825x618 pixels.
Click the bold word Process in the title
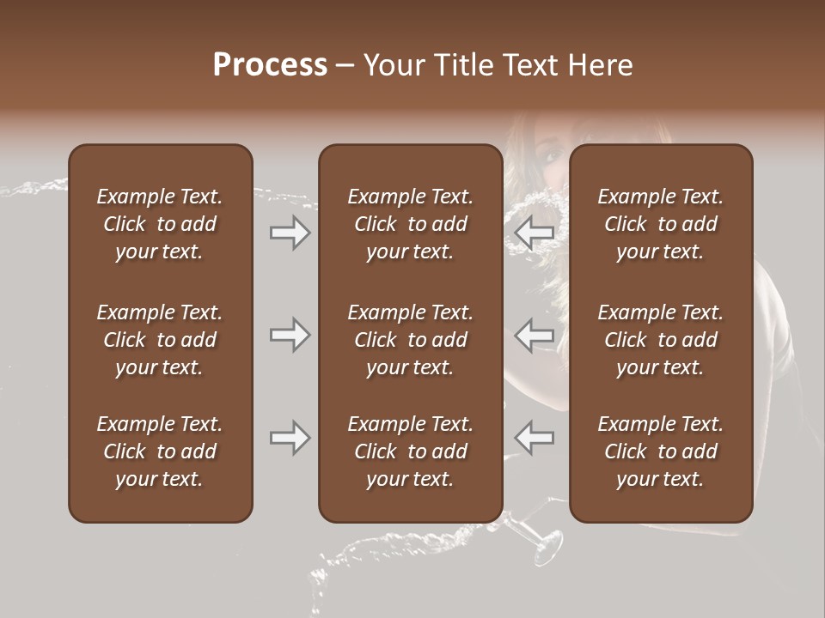pyautogui.click(x=270, y=65)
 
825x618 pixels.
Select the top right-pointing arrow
pyautogui.click(x=290, y=233)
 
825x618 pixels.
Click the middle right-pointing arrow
pyautogui.click(x=290, y=335)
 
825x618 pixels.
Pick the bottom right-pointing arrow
pyautogui.click(x=290, y=438)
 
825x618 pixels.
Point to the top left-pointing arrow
pyautogui.click(x=535, y=233)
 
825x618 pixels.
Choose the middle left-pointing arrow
pyautogui.click(x=535, y=335)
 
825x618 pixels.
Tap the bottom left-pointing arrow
pyautogui.click(x=535, y=438)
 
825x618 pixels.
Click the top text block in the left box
pyautogui.click(x=160, y=224)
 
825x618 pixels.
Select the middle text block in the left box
pyautogui.click(x=160, y=340)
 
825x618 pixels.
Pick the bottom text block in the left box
pyautogui.click(x=160, y=451)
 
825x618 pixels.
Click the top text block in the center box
pyautogui.click(x=410, y=224)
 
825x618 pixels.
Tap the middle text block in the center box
pyautogui.click(x=410, y=340)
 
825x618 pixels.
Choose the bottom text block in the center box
pyautogui.click(x=410, y=451)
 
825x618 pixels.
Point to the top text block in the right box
pyautogui.click(x=660, y=224)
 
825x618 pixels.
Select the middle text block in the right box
pyautogui.click(x=660, y=340)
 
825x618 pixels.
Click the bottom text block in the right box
pyautogui.click(x=660, y=451)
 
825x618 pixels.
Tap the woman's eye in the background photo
pyautogui.click(x=550, y=155)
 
